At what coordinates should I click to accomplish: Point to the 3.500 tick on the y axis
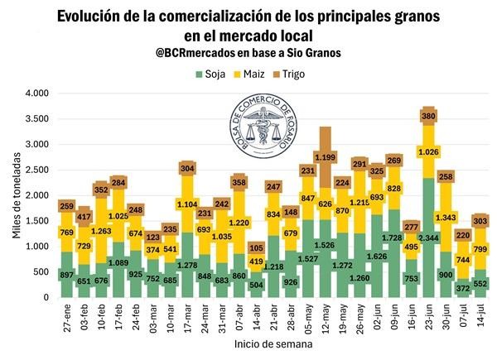pyautogui.click(x=36, y=119)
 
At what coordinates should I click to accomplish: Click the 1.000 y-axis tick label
pyautogui.click(x=36, y=246)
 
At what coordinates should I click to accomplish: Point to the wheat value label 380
pyautogui.click(x=429, y=118)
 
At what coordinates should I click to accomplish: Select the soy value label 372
pyautogui.click(x=465, y=287)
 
